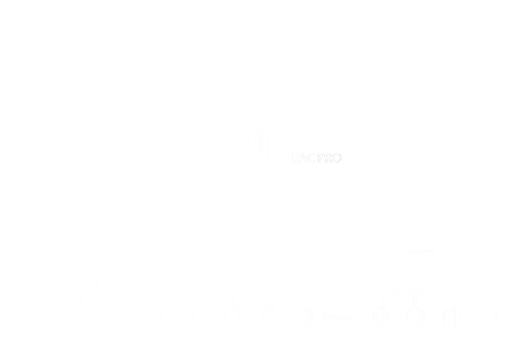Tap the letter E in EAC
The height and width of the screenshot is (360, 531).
tap(295, 158)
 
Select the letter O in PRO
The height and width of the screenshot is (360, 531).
tap(337, 158)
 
